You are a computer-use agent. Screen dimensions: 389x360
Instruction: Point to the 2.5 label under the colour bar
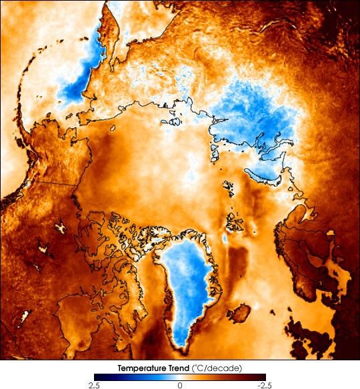[94, 385]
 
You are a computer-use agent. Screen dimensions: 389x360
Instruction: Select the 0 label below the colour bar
[179, 385]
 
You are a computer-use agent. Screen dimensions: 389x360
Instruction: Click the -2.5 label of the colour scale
[265, 385]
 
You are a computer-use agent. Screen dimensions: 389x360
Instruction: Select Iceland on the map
[239, 312]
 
